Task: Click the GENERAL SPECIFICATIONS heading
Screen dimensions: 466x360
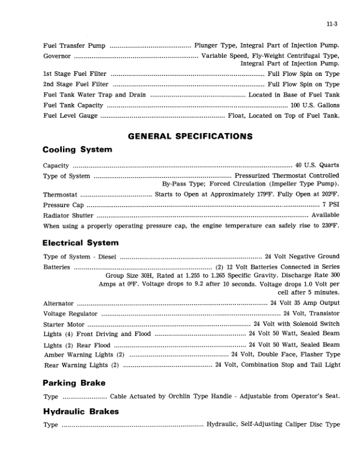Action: (x=190, y=136)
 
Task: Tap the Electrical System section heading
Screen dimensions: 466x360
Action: (x=81, y=242)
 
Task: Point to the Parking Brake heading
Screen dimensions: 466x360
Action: (x=74, y=382)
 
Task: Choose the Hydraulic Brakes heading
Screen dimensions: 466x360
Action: (x=81, y=410)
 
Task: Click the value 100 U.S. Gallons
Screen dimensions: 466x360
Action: (x=315, y=105)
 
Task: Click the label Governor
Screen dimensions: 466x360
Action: (x=58, y=56)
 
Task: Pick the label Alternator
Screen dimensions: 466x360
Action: (x=59, y=303)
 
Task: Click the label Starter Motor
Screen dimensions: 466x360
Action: (x=64, y=324)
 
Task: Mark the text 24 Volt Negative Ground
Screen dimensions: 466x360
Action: (x=302, y=256)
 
